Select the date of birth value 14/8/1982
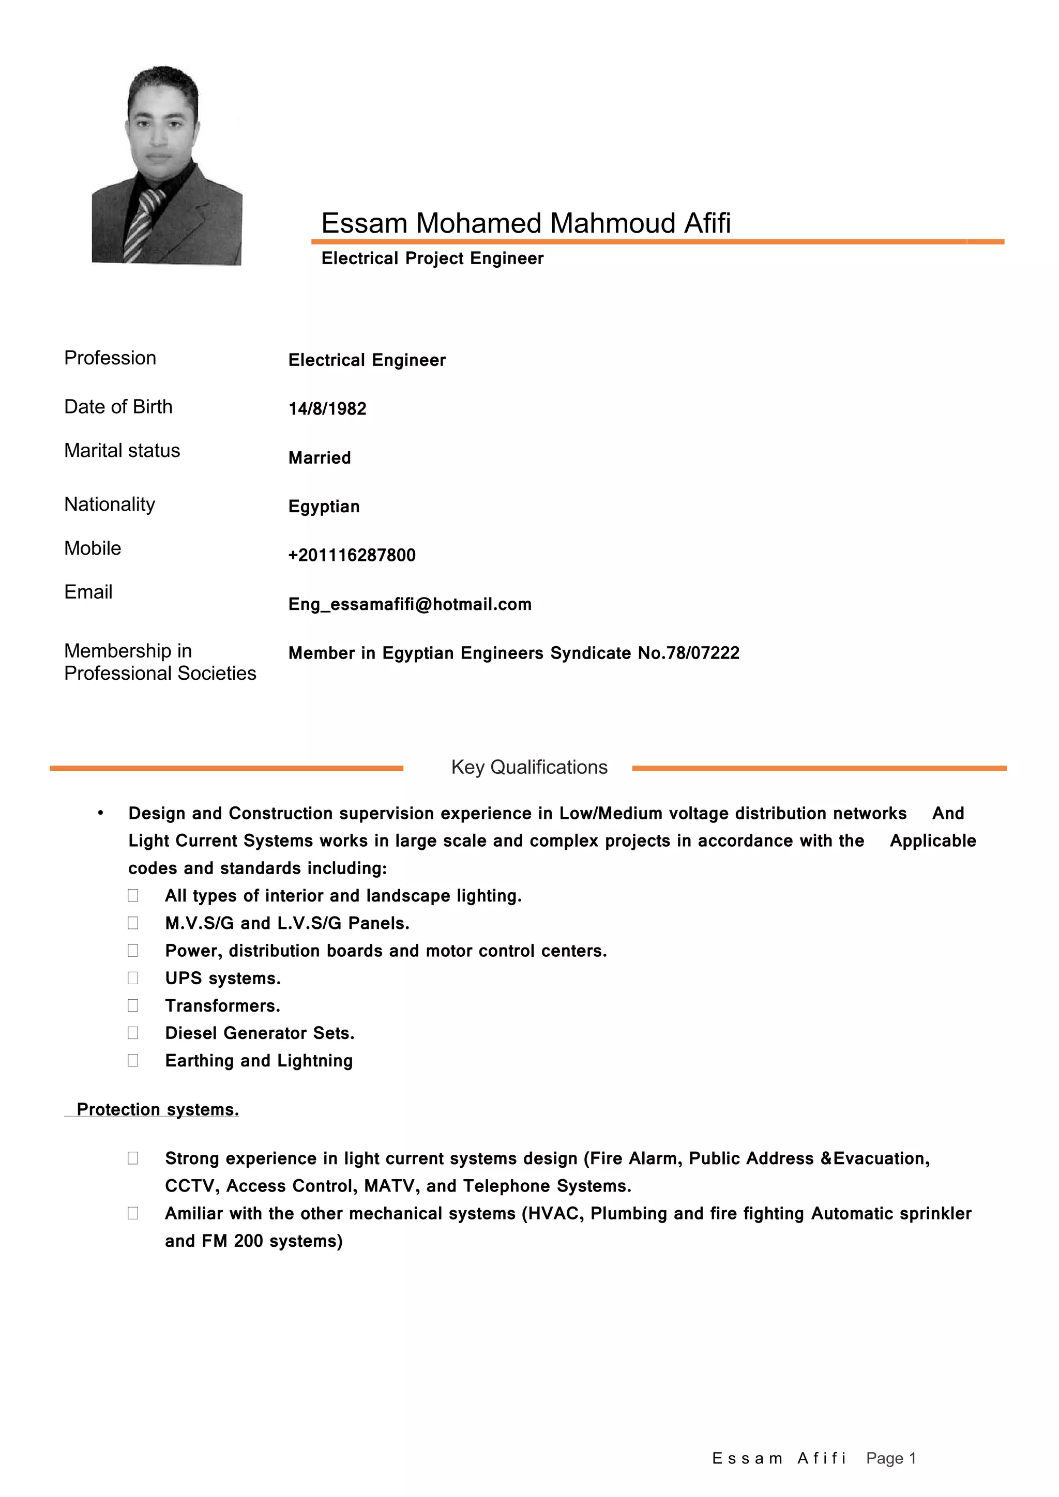327,409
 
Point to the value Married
320,457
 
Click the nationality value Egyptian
324,507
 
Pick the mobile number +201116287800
352,556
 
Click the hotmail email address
410,604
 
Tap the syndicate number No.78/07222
689,653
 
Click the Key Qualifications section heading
529,768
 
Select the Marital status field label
122,451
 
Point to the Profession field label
110,358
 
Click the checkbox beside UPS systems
133,978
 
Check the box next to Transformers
133,1005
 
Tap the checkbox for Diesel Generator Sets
133,1033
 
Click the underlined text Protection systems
158,1109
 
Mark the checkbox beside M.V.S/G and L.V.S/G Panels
133,923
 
